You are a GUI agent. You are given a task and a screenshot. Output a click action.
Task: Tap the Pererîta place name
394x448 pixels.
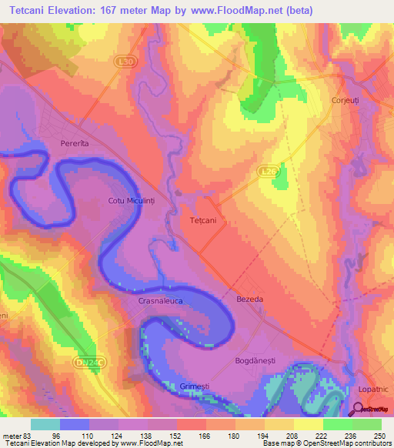click(x=75, y=144)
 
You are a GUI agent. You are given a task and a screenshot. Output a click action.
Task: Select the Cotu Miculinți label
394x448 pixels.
click(x=132, y=201)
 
